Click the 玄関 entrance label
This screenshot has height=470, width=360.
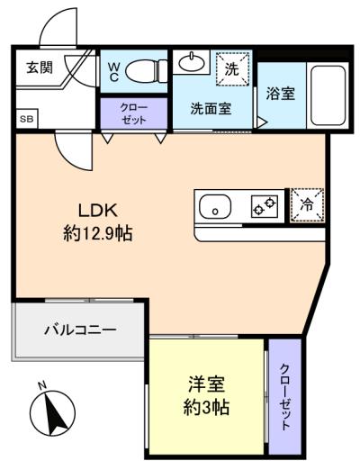[40, 68]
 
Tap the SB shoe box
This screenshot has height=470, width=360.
[27, 119]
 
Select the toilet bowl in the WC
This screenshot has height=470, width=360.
[146, 71]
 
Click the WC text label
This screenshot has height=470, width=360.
[113, 72]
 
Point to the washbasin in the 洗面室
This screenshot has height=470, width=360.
[192, 62]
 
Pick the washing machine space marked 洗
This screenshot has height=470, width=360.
[233, 69]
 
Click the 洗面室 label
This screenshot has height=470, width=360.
[211, 108]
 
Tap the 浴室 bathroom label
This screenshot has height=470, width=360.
[281, 94]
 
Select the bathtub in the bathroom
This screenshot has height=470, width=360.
[328, 95]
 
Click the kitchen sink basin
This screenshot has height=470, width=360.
[215, 206]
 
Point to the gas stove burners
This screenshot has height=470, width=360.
[265, 206]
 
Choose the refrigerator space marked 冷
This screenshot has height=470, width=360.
[307, 205]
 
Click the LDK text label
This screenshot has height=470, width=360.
[98, 211]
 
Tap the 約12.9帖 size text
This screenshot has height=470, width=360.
[98, 233]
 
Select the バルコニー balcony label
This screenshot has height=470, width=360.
[80, 330]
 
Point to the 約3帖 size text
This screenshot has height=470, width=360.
[206, 407]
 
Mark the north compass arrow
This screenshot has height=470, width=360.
[53, 413]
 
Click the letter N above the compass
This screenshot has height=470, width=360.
[42, 385]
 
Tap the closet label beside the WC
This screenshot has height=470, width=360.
[134, 113]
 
